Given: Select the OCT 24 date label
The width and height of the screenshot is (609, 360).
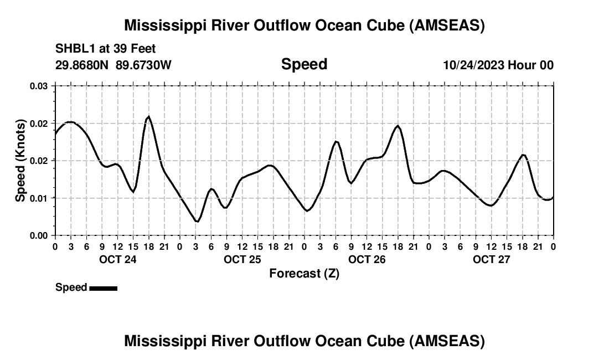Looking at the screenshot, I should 117,259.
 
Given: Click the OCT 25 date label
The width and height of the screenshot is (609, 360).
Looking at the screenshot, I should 242,259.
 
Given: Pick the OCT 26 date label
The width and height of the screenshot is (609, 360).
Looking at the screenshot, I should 367,259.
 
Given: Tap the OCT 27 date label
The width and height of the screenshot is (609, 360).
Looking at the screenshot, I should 491,259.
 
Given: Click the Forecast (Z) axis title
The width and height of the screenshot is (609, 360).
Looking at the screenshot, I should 304,273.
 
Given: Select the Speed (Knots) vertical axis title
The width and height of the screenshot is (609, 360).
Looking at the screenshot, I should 20,160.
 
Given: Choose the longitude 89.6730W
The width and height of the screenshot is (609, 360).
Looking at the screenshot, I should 144,65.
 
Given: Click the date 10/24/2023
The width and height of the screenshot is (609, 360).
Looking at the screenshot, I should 473,65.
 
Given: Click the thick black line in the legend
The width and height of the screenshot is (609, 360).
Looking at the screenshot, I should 103,288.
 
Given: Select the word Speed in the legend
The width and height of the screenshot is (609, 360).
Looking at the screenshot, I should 71,287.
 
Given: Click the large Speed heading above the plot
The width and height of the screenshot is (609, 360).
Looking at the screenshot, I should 304,64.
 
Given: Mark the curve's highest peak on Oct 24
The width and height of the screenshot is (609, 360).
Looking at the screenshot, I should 148,116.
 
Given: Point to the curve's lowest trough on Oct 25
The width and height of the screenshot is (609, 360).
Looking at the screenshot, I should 197,222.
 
